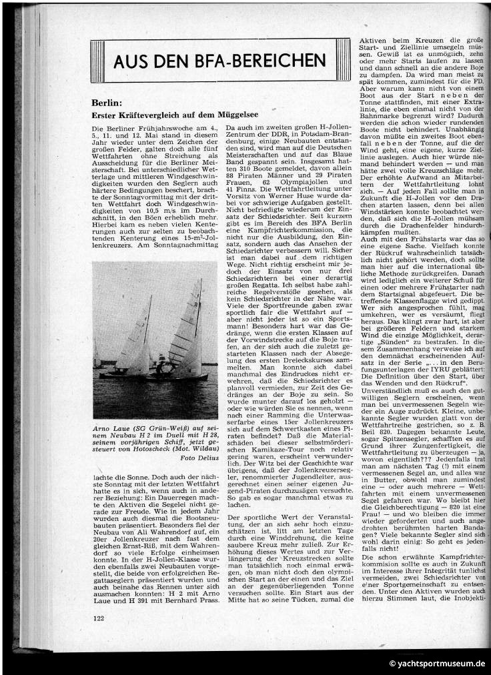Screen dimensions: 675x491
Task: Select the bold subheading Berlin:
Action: point(106,103)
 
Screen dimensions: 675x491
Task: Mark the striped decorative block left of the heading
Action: point(98,61)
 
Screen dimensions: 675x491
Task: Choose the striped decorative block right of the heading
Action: point(343,61)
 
